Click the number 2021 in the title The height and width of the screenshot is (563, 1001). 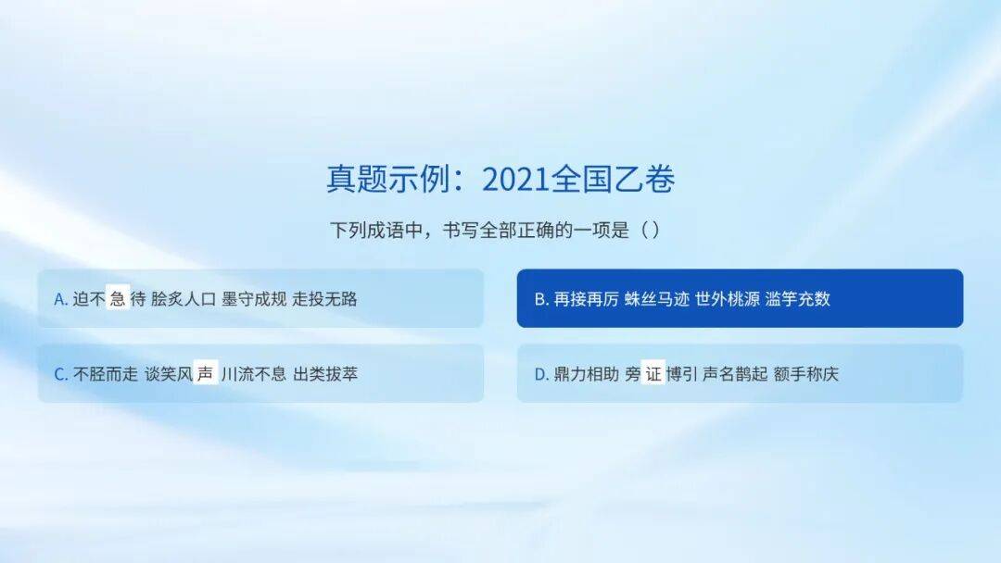tap(515, 179)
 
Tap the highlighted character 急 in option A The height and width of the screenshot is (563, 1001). tap(118, 298)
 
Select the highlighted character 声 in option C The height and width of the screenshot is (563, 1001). tap(205, 373)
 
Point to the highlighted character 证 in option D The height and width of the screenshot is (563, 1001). tap(653, 373)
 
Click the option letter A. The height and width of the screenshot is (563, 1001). tap(61, 299)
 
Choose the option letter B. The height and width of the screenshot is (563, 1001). tap(541, 299)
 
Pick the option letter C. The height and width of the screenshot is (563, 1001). tap(61, 374)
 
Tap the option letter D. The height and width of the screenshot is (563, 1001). tap(541, 374)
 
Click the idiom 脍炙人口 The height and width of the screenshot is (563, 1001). tap(184, 299)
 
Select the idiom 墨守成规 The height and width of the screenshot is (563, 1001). tap(254, 299)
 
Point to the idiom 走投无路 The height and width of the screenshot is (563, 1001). tap(324, 299)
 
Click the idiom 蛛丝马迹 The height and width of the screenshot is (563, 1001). tap(657, 299)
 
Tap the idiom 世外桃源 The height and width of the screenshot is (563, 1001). tap(728, 299)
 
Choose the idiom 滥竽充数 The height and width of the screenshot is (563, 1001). tap(797, 299)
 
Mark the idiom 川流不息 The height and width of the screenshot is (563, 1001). tap(254, 373)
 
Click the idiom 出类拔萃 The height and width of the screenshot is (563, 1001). tap(325, 373)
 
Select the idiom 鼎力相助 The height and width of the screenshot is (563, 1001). tap(586, 373)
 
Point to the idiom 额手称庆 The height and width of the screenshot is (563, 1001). tap(805, 373)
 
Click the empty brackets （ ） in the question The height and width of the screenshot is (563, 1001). tap(650, 230)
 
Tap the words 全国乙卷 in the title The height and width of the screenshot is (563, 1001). tap(612, 179)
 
